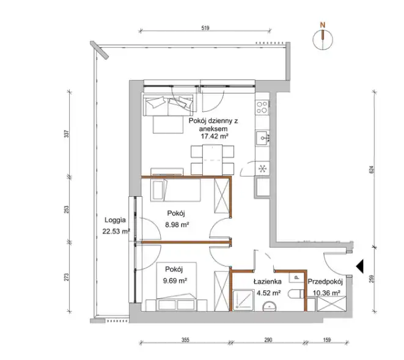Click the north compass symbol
click(323, 39)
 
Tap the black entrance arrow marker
click(360, 266)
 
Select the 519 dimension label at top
click(205, 28)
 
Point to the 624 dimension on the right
click(371, 169)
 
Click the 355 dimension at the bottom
click(185, 340)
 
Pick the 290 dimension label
click(268, 340)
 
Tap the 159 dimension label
click(327, 340)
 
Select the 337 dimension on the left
click(67, 134)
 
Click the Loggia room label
click(115, 220)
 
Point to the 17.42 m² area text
click(215, 136)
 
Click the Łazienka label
click(268, 281)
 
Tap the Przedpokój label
click(325, 282)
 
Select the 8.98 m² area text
click(177, 225)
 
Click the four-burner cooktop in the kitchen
click(262, 108)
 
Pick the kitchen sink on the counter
click(262, 138)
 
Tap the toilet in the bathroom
click(296, 294)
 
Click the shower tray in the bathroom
click(244, 300)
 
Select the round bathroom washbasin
click(270, 307)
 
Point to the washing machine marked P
click(296, 277)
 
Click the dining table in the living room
click(212, 160)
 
